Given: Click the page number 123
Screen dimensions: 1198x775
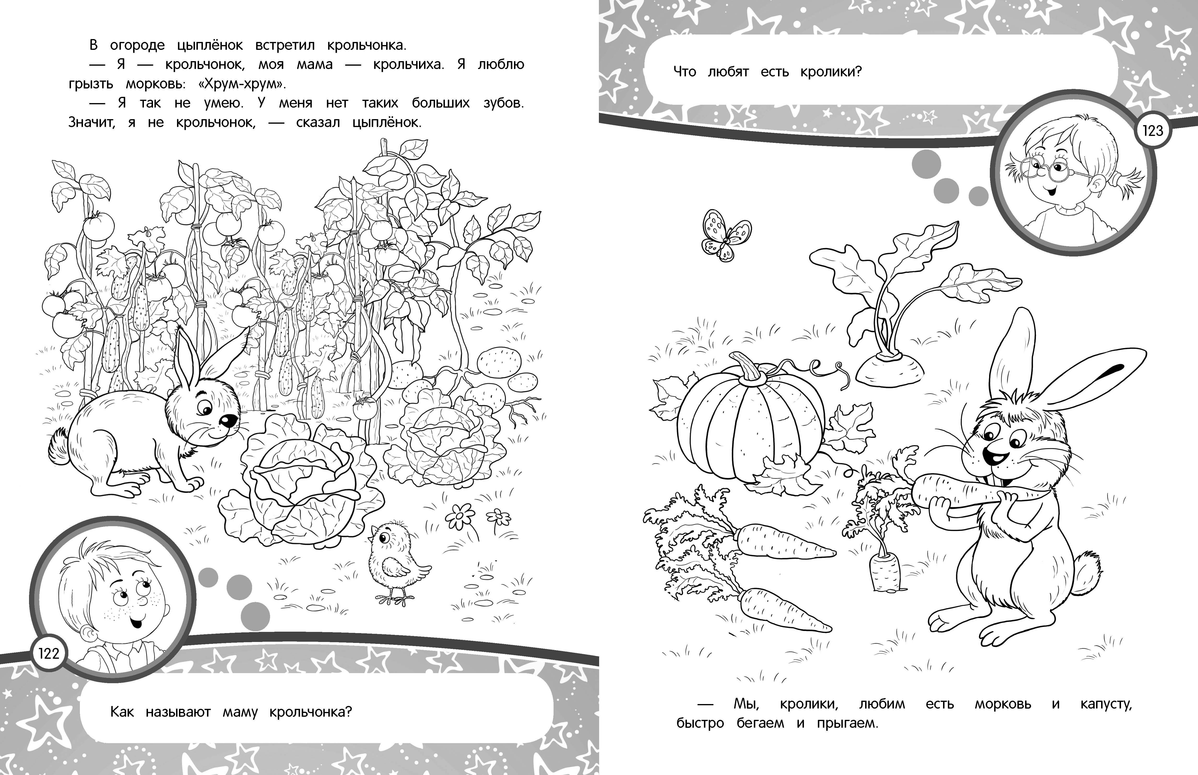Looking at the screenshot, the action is [1153, 131].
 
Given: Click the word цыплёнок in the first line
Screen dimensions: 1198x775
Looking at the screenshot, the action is [210, 45].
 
